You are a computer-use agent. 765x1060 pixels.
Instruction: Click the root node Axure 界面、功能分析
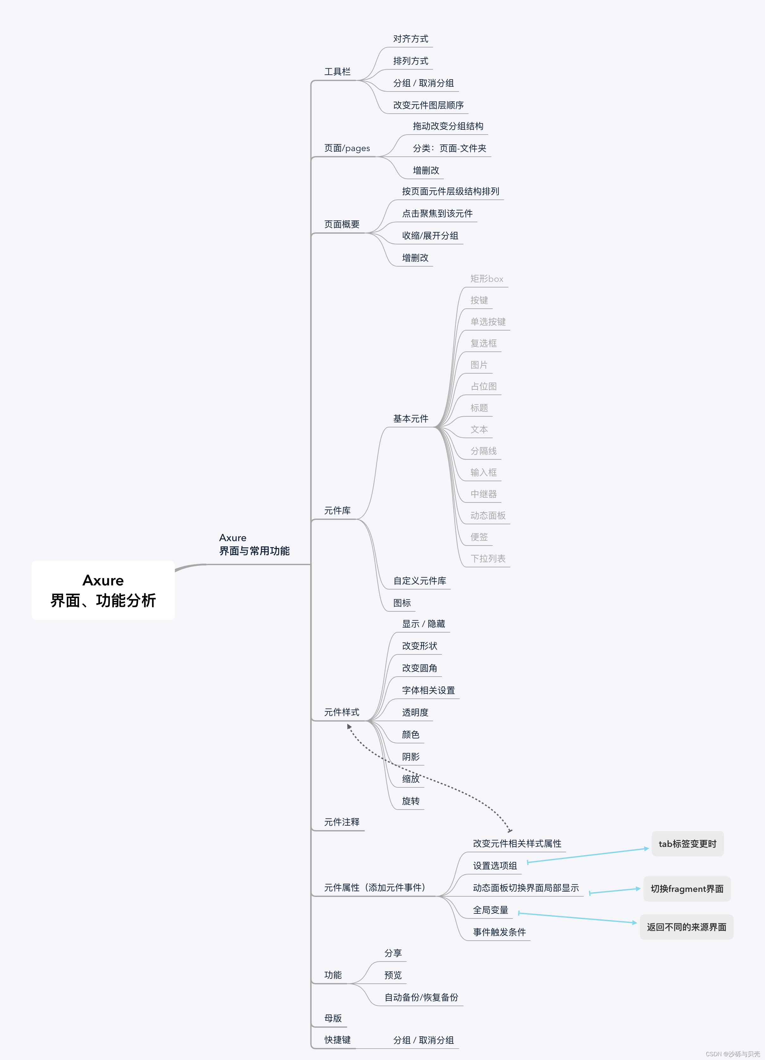103,590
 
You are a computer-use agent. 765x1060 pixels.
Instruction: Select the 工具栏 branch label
337,72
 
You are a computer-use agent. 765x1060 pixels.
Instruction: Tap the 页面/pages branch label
347,148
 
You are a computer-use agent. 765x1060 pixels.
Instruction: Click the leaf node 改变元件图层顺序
428,105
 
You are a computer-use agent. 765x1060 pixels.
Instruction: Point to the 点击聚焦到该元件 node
437,214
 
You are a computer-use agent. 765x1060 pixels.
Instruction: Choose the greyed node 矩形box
486,279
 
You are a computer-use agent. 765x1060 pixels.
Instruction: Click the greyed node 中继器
483,494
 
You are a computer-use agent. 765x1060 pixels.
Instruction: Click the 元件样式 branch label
342,712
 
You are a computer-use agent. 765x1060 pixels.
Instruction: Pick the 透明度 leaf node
415,712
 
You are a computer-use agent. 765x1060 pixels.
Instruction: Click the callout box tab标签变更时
687,844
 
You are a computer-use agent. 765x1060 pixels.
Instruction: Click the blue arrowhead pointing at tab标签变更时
646,848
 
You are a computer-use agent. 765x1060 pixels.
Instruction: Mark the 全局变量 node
490,910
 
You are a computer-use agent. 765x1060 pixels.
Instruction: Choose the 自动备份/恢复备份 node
421,997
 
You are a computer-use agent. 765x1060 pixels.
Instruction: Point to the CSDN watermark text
732,1054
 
